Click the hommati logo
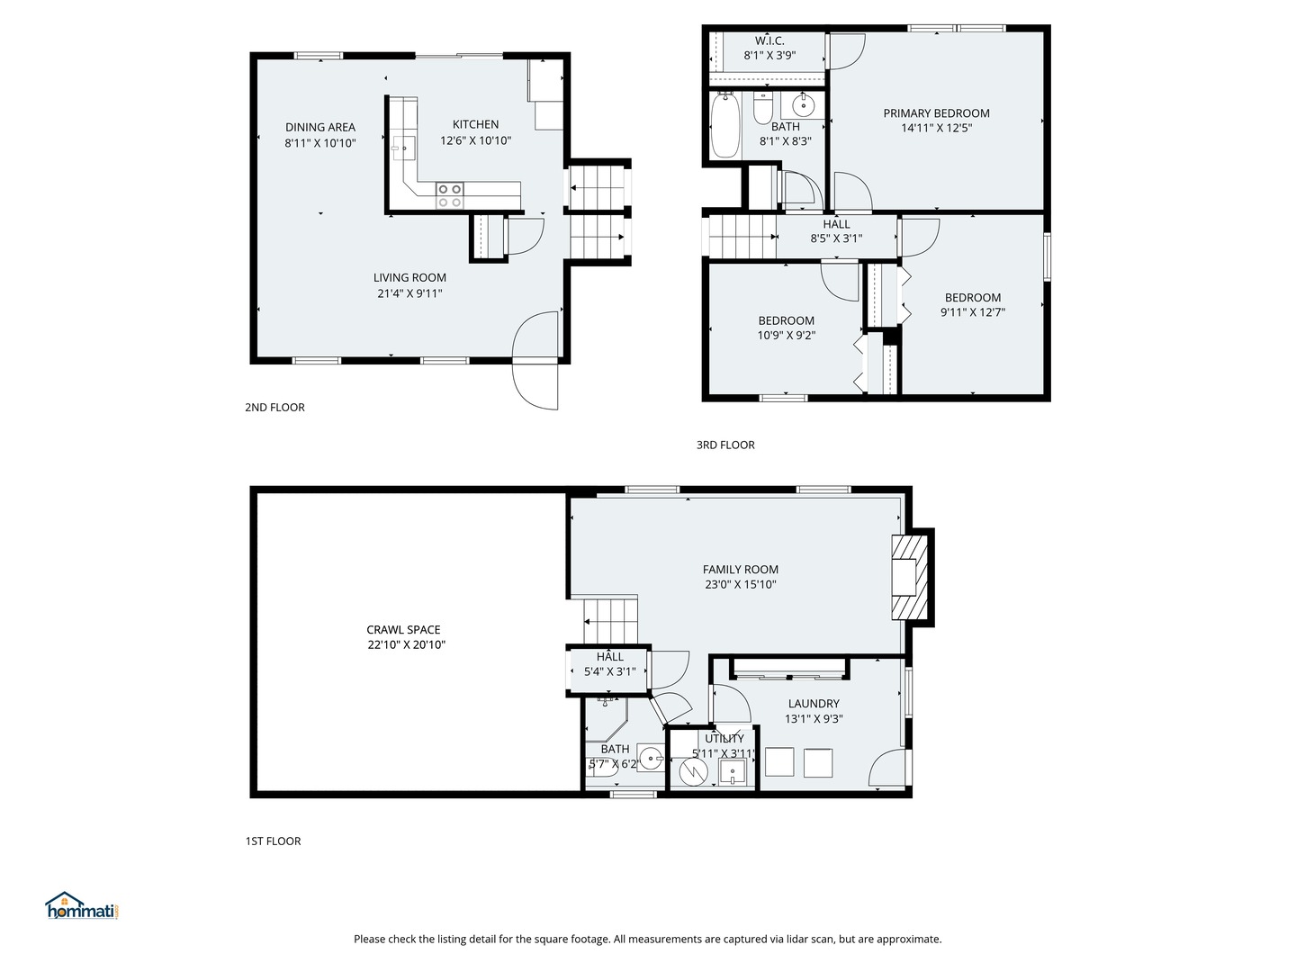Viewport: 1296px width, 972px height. point(82,905)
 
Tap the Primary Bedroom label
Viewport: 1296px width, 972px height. point(936,113)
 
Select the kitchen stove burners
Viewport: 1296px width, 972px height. point(449,196)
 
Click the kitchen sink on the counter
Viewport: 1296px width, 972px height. point(403,148)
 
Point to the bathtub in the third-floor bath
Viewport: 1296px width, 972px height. point(725,126)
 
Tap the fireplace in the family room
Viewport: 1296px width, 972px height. point(909,577)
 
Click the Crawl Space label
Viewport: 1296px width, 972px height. point(403,630)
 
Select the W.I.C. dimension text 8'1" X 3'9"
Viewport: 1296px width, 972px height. point(769,56)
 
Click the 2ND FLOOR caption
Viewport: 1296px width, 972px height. point(274,407)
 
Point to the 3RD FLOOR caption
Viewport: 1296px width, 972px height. point(725,445)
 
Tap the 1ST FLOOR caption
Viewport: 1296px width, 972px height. point(273,841)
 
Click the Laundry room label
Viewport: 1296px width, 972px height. point(814,704)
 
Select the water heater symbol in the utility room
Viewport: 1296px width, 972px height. point(693,770)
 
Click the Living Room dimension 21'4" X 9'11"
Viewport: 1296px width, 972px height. point(409,293)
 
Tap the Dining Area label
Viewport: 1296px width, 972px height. point(320,127)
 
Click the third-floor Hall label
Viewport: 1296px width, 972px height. point(836,224)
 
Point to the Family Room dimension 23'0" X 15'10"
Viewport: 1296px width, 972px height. point(741,584)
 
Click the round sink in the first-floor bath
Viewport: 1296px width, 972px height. point(651,759)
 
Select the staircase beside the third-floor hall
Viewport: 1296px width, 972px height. point(742,237)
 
